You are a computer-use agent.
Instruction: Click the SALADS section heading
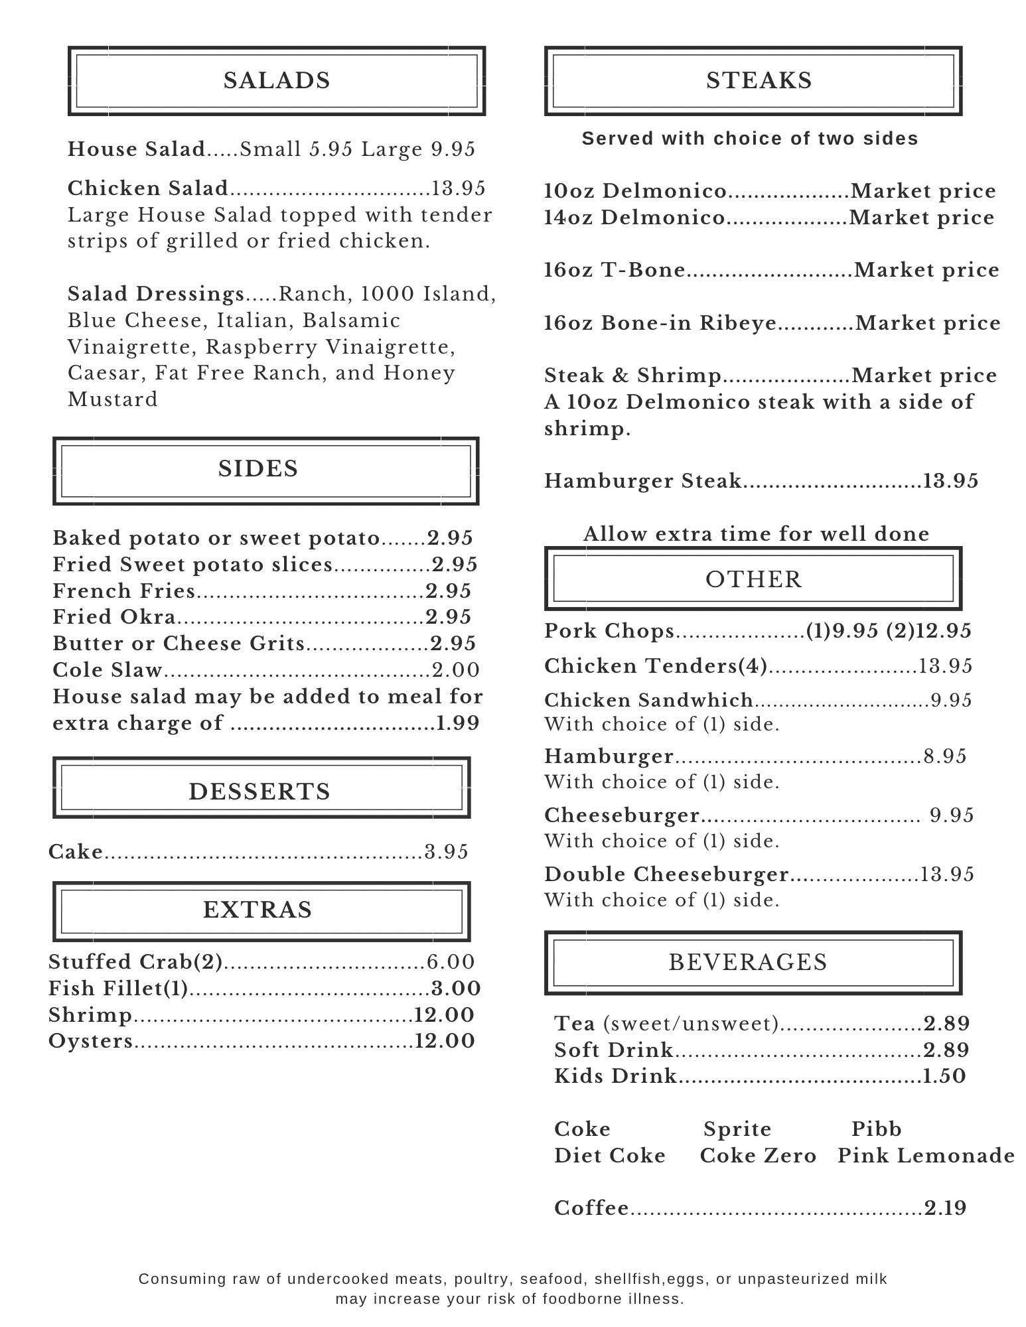click(x=277, y=81)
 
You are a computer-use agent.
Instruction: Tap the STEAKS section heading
click(x=759, y=81)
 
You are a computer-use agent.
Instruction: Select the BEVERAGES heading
click(x=748, y=962)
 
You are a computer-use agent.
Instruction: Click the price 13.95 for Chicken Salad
click(x=459, y=188)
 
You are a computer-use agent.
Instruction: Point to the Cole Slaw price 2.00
click(x=456, y=670)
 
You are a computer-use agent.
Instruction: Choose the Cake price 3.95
click(x=447, y=852)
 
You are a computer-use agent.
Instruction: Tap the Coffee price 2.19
click(x=946, y=1208)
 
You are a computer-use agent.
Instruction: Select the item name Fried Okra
click(x=114, y=617)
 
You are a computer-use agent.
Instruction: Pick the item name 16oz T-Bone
click(x=615, y=270)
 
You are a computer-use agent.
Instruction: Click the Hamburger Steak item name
click(x=642, y=481)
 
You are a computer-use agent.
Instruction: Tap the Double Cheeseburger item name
click(x=666, y=874)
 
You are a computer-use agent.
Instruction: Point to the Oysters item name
click(x=91, y=1041)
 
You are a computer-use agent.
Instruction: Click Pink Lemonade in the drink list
click(x=926, y=1156)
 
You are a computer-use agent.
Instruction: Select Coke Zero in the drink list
click(x=758, y=1156)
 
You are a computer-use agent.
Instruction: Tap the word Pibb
click(x=876, y=1129)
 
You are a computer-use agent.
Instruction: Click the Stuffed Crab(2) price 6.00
click(x=451, y=962)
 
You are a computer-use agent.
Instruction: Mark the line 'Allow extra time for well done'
click(x=756, y=534)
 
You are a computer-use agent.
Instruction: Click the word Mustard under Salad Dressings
click(x=113, y=399)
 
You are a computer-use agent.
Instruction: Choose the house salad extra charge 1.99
click(x=457, y=723)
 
